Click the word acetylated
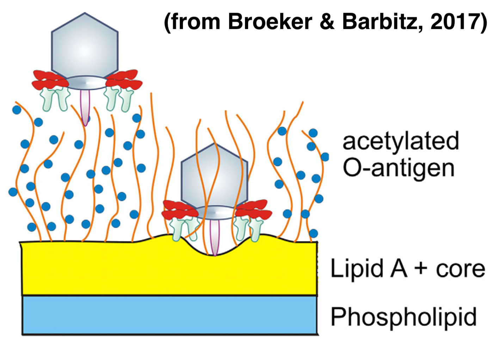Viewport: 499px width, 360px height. (x=401, y=142)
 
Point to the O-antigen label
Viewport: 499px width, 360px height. (x=399, y=168)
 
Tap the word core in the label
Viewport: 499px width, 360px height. (x=460, y=269)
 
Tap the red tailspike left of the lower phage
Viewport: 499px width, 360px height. (x=179, y=209)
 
